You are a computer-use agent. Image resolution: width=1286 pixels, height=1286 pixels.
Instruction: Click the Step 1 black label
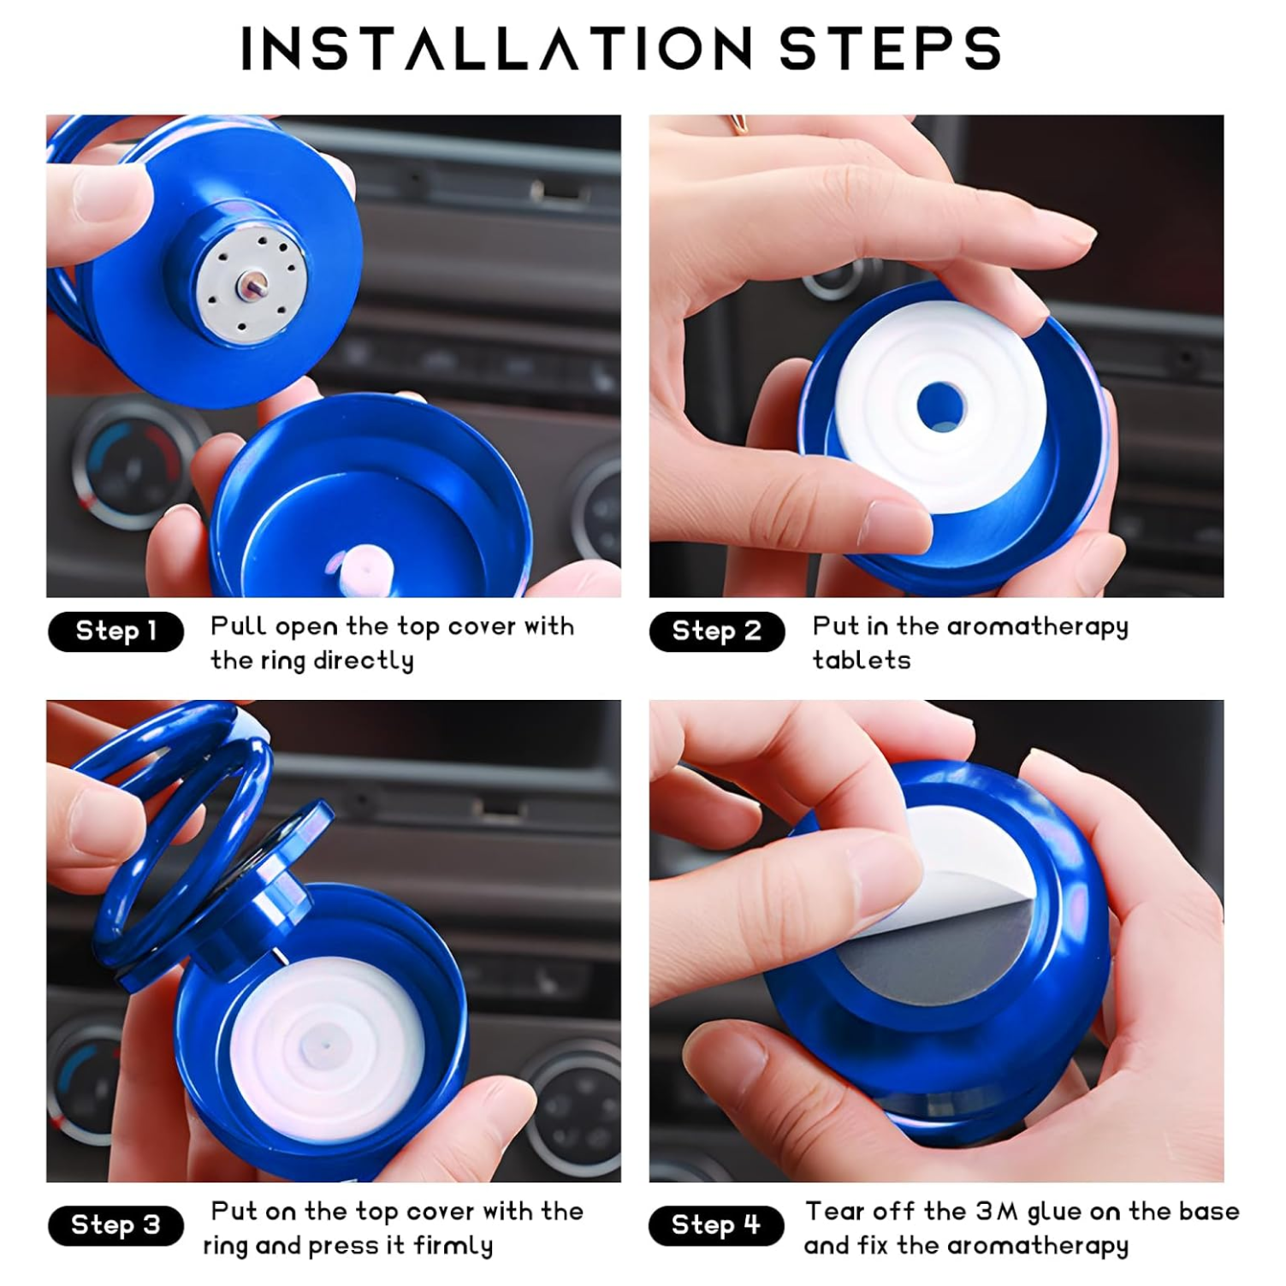[116, 631]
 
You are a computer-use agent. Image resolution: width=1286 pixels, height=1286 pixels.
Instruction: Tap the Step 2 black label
[716, 631]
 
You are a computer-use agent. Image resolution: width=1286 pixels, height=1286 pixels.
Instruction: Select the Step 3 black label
[116, 1225]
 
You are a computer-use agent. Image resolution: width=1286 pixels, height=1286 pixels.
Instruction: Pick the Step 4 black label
[716, 1225]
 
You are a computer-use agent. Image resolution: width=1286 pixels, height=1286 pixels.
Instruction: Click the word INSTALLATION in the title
[496, 48]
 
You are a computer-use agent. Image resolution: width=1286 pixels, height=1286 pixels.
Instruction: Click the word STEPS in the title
[890, 48]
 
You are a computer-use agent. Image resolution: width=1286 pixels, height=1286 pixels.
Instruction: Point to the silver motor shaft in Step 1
[254, 283]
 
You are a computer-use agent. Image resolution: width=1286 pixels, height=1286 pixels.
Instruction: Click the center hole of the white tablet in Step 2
[941, 405]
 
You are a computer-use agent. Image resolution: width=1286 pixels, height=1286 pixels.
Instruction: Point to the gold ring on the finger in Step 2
[738, 125]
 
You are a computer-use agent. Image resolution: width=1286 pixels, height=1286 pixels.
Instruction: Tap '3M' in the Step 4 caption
[997, 1212]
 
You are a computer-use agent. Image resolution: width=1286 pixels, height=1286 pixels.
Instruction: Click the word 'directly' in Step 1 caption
[363, 661]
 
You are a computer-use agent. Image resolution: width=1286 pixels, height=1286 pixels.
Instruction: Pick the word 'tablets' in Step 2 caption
[861, 661]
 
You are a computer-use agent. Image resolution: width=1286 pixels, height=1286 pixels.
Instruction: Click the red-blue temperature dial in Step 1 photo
[128, 462]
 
